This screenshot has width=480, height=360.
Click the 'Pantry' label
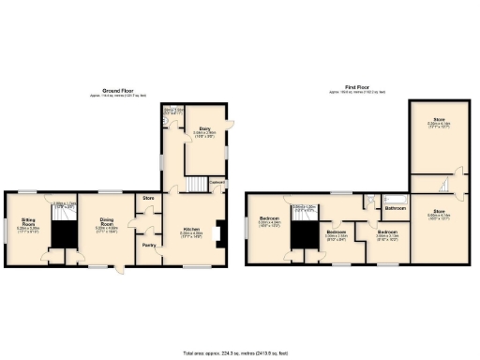148,247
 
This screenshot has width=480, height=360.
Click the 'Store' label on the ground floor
148,198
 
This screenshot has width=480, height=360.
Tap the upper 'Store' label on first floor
438,121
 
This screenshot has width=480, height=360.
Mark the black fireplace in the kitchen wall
218,231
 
